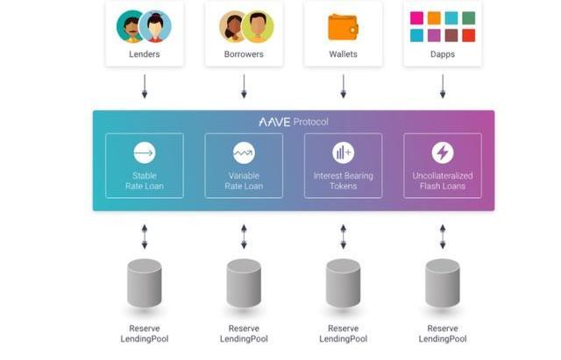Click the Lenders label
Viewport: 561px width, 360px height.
click(145, 53)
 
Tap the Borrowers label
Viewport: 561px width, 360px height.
click(244, 53)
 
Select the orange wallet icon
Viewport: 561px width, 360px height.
click(343, 27)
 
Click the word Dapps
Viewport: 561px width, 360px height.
click(443, 53)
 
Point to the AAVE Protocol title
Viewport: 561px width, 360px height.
click(294, 122)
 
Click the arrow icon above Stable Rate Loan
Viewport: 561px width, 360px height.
click(145, 153)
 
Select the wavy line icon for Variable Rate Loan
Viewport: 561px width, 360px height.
click(244, 153)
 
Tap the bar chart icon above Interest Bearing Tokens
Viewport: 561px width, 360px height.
click(343, 153)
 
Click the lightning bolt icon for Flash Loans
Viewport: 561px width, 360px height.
click(443, 153)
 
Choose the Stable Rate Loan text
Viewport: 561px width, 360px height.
click(145, 181)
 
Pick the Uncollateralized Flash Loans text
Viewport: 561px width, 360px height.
click(443, 181)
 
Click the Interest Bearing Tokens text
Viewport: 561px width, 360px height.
click(343, 181)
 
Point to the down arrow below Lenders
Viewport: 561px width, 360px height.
click(145, 87)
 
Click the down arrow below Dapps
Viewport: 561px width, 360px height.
click(443, 87)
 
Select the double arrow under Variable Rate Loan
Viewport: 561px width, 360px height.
click(244, 236)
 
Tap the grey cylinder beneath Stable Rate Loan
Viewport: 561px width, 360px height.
click(145, 283)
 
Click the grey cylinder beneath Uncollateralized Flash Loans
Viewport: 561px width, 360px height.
click(443, 283)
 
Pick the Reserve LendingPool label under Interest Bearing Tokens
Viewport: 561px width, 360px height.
click(343, 334)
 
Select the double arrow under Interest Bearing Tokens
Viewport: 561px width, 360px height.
click(343, 236)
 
